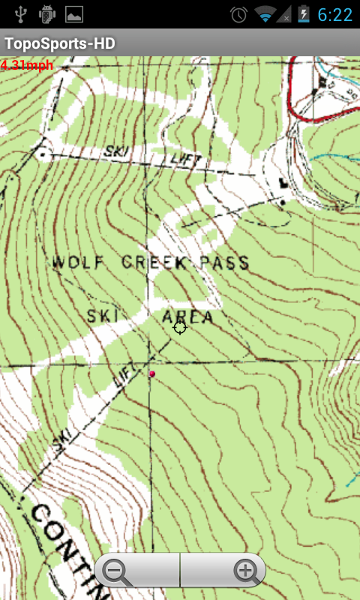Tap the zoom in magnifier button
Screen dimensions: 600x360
244,571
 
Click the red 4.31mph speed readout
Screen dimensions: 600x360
27,65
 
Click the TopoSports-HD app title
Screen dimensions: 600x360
60,44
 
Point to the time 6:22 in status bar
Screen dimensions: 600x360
334,14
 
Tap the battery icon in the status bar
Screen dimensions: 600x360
303,14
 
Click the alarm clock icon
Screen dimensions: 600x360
238,14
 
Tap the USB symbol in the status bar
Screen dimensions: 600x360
20,13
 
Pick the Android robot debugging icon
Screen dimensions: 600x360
46,13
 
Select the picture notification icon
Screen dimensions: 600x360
74,13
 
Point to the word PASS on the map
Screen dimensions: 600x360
223,262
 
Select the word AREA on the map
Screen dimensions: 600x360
187,316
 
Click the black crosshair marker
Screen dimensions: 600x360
179,326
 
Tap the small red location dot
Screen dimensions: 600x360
152,373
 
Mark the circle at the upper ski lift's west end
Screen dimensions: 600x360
41,153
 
